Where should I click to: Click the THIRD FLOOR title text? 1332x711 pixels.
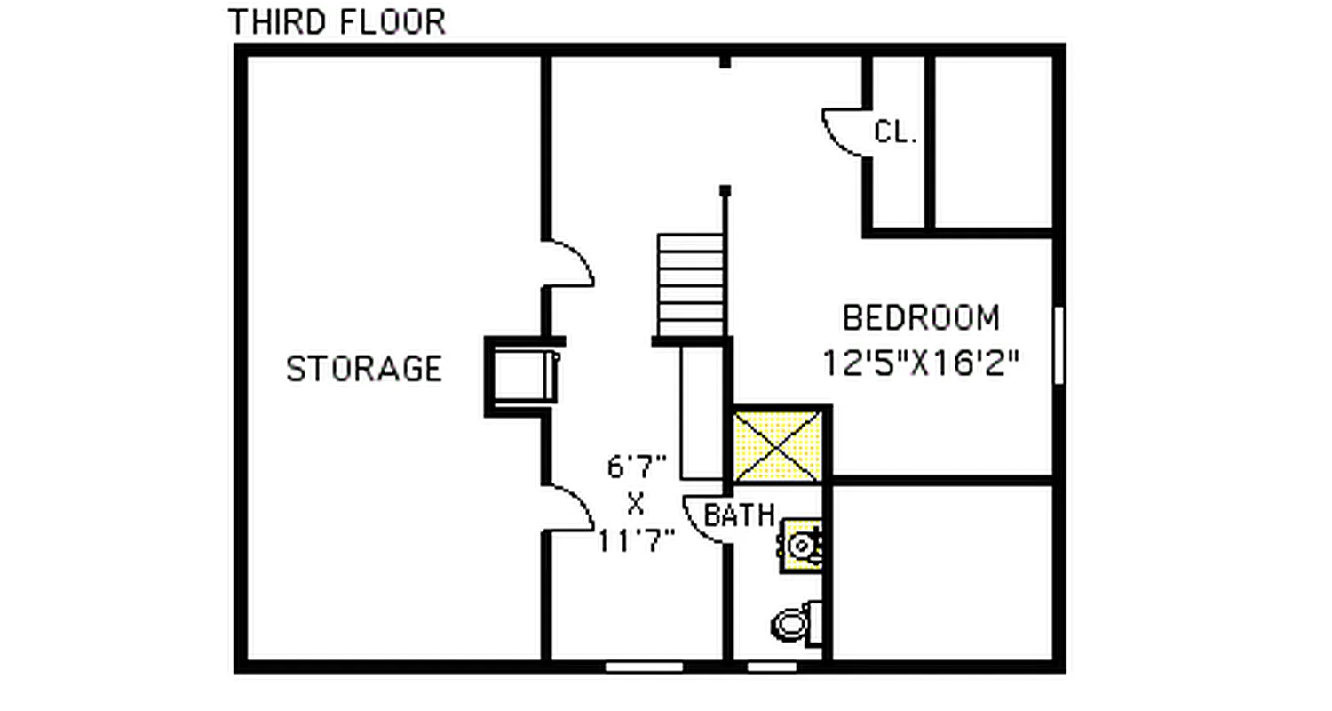(x=337, y=22)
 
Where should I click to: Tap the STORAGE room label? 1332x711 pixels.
(x=364, y=368)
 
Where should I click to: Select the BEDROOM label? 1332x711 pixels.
(x=921, y=317)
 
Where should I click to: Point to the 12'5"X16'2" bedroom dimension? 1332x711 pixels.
(x=919, y=363)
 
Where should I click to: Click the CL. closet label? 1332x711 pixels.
(x=895, y=132)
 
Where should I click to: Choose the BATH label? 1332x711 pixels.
(x=739, y=515)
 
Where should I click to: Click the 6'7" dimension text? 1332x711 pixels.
(x=637, y=466)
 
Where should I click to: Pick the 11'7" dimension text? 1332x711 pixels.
(x=636, y=540)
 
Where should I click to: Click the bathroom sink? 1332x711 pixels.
(x=803, y=544)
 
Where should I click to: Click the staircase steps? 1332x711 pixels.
(x=689, y=284)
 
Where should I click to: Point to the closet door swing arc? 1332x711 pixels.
(x=844, y=133)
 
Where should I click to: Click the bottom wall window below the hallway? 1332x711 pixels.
(x=644, y=666)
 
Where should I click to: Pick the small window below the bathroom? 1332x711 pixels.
(x=771, y=666)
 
